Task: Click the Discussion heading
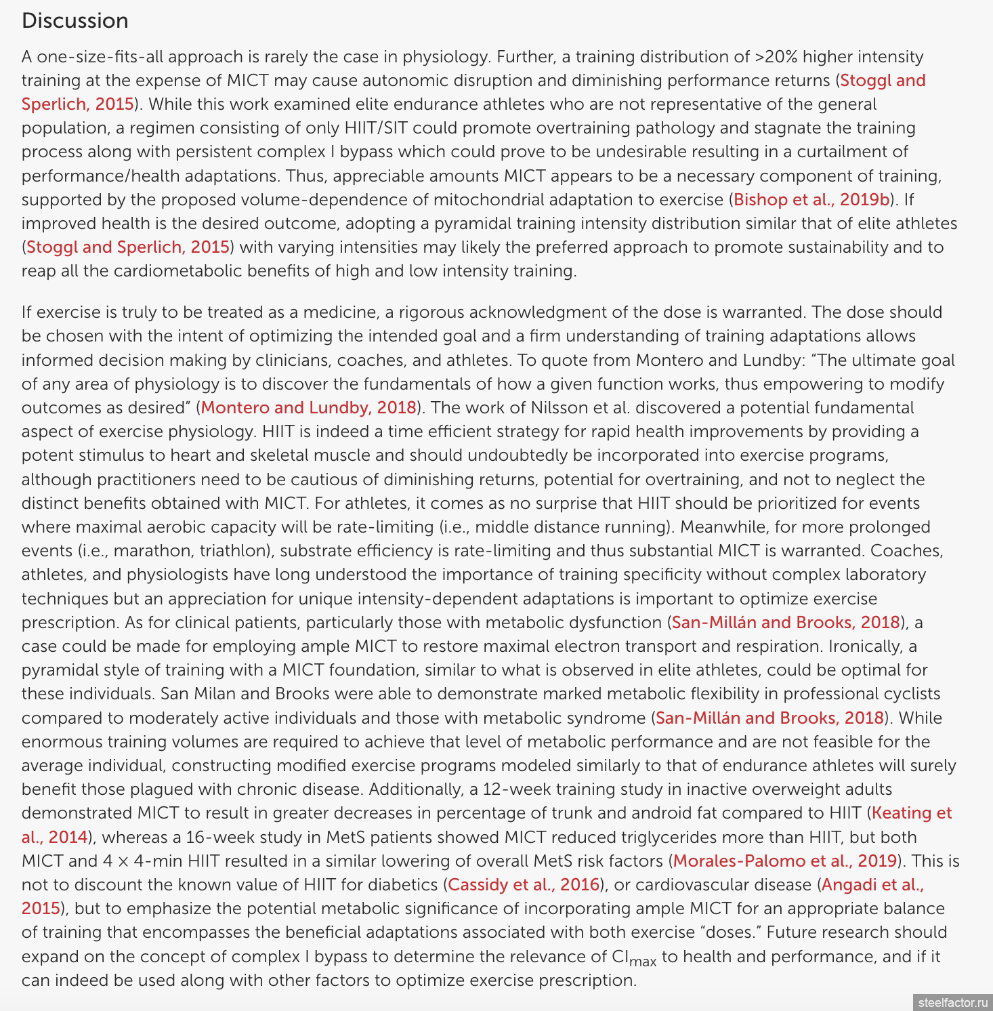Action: coord(75,21)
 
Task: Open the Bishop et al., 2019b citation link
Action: coord(811,200)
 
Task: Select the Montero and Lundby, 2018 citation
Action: coord(308,408)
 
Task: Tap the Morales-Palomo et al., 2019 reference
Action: coord(785,861)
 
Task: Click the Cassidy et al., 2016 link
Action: coord(524,885)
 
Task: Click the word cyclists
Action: coord(912,694)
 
